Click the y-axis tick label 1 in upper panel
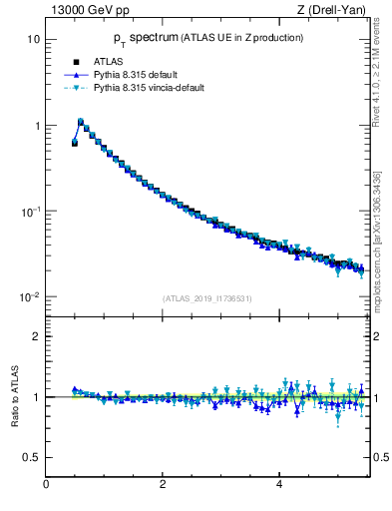37,126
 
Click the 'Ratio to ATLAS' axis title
15,396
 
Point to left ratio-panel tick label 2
37,336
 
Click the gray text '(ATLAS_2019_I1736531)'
206,297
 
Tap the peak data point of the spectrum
81,122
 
